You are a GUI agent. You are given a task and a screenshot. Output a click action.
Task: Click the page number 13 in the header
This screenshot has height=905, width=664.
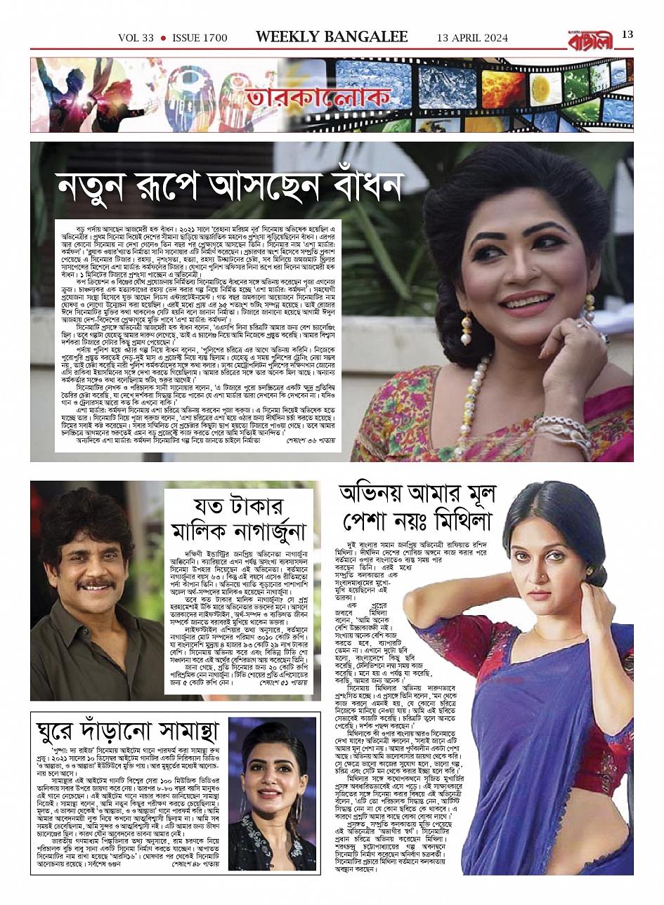point(627,34)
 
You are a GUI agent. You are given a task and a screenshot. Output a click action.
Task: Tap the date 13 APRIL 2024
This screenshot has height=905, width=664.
point(472,38)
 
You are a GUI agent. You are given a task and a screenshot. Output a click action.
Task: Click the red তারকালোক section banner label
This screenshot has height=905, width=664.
point(287,98)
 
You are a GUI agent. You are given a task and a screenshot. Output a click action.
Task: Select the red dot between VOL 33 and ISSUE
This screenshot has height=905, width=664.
point(163,38)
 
